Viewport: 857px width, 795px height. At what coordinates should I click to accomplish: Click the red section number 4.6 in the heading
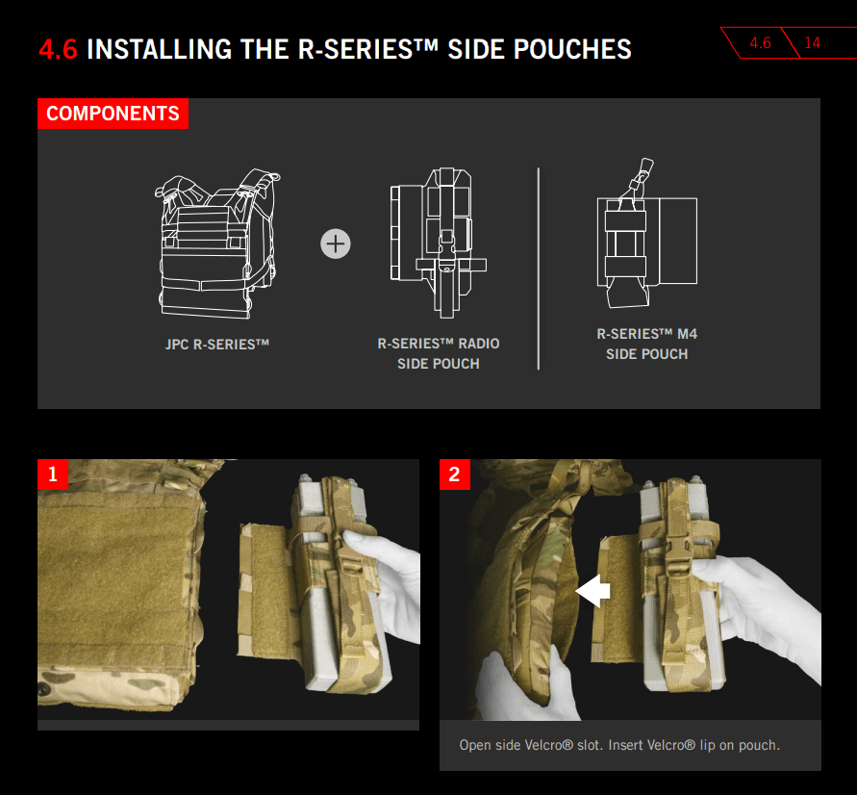click(x=58, y=49)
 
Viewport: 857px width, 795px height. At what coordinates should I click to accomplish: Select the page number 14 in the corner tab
click(x=812, y=42)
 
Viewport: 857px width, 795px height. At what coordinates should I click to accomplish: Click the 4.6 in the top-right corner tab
click(x=760, y=42)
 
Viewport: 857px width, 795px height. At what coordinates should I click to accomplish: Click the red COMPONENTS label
click(x=113, y=114)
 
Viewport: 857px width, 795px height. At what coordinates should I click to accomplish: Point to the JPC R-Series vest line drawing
click(x=217, y=244)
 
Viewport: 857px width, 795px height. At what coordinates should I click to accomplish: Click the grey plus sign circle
click(x=336, y=244)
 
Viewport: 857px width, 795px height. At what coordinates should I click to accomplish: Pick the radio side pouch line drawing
click(x=439, y=243)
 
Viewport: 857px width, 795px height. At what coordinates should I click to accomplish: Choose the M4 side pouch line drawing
click(x=647, y=233)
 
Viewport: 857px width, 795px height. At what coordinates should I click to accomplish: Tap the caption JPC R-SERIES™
click(x=217, y=345)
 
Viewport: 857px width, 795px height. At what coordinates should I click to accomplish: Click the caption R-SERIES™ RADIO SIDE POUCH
click(x=439, y=353)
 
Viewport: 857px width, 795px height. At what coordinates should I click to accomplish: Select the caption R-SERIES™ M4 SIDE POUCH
click(x=647, y=344)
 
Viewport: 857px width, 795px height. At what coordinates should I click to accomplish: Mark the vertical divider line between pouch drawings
click(x=539, y=269)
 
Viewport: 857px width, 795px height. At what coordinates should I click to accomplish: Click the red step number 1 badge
click(x=53, y=474)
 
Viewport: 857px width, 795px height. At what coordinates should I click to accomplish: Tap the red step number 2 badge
click(x=455, y=474)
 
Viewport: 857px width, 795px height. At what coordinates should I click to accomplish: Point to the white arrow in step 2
click(x=592, y=591)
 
